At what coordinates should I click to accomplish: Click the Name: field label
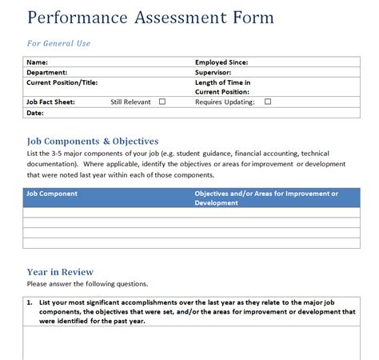coord(38,62)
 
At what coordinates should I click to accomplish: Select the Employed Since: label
coord(221,62)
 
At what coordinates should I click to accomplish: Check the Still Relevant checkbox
coord(162,102)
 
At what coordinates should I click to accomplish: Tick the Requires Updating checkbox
coord(268,102)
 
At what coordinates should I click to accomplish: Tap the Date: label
coord(35,113)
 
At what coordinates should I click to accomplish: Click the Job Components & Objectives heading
coord(93,142)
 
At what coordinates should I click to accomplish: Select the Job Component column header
coord(52,194)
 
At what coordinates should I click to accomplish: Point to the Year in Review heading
coord(60,272)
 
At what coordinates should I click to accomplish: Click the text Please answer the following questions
coord(87,283)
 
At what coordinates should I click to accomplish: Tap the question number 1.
coord(29,302)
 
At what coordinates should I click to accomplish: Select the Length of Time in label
coord(223,82)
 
